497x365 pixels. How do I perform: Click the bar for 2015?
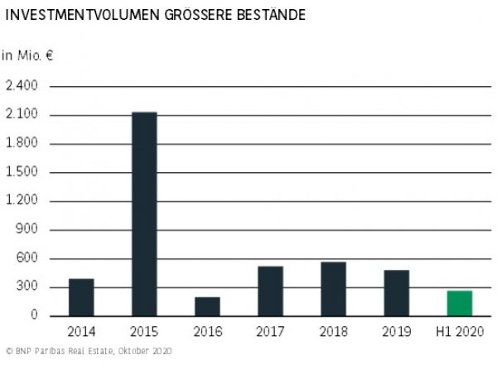pos(144,214)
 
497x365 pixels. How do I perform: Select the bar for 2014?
pos(81,297)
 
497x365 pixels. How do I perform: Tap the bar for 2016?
pos(207,306)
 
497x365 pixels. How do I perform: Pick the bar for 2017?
pos(270,291)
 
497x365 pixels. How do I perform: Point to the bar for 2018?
pos(333,289)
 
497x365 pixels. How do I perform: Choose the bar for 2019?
pos(396,293)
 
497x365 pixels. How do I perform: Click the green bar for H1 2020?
pos(459,303)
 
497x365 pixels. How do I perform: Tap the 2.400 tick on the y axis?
pos(22,86)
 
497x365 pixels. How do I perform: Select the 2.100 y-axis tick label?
pos(22,115)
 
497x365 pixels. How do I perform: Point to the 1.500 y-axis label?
pos(22,172)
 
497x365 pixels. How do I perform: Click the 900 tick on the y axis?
pos(27,230)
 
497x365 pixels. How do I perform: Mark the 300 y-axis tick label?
pos(27,287)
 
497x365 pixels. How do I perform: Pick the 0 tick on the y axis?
pos(34,315)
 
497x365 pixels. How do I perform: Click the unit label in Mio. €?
pos(27,55)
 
